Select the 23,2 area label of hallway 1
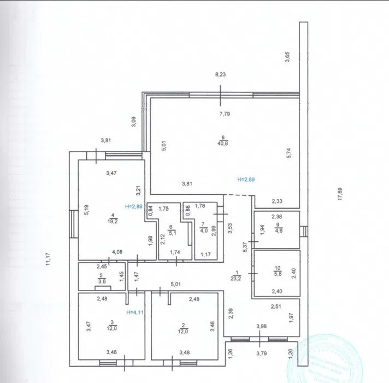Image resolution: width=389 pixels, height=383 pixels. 237,278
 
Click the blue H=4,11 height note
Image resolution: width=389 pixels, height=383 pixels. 134,313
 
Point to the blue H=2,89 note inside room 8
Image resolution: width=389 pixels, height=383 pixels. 247,179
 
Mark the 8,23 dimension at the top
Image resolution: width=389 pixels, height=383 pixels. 220,75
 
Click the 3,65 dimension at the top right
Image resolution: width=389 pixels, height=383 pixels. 288,57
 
